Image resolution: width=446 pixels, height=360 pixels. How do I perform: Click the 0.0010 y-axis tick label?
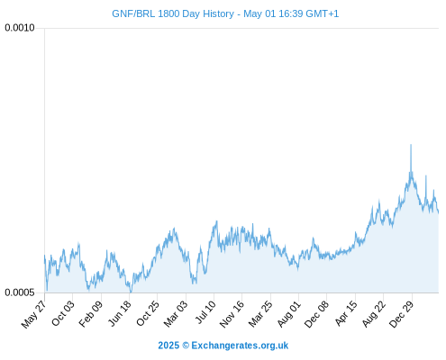click(20, 28)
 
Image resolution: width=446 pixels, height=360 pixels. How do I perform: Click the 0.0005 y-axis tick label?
click(20, 292)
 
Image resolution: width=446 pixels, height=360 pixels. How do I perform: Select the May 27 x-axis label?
click(33, 314)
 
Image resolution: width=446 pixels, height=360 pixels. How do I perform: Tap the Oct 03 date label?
click(62, 313)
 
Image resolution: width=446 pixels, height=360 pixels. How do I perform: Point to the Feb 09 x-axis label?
click(91, 313)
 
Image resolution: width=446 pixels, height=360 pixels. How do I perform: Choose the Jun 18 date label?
click(120, 313)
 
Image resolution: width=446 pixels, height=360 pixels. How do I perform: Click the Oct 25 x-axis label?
click(147, 313)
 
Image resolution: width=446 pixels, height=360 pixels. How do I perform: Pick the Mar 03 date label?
click(176, 313)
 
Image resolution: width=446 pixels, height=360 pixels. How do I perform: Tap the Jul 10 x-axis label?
click(205, 312)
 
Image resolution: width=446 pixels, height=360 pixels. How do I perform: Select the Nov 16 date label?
click(232, 314)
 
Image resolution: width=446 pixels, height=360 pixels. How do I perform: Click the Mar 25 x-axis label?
click(260, 313)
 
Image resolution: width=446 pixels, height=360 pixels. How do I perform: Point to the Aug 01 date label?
click(288, 313)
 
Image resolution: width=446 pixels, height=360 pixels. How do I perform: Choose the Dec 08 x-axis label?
click(316, 314)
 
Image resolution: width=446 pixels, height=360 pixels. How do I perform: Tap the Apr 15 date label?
click(346, 313)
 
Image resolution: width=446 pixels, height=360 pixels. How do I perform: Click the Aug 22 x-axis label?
click(374, 314)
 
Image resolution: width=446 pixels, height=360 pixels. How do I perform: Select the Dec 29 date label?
click(401, 314)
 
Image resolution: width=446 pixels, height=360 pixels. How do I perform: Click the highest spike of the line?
click(411, 145)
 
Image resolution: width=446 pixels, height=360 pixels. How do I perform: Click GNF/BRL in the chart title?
click(133, 13)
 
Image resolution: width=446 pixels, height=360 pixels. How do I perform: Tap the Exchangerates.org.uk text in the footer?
click(240, 346)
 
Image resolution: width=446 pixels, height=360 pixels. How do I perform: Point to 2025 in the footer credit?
click(168, 346)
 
